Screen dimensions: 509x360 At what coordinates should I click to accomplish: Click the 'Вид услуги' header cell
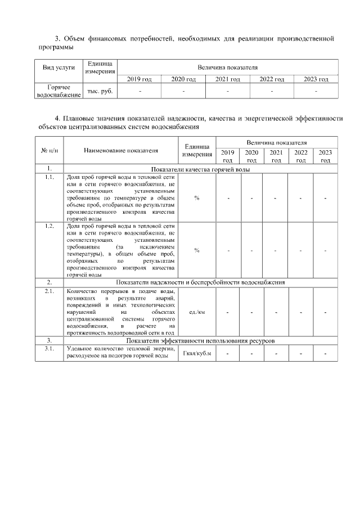pyautogui.click(x=59, y=67)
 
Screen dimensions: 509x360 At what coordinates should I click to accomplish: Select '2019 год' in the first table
pyautogui.click(x=139, y=79)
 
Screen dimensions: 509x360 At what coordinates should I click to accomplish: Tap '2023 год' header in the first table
pyautogui.click(x=316, y=79)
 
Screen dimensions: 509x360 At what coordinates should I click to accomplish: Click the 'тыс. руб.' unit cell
pyautogui.click(x=100, y=91)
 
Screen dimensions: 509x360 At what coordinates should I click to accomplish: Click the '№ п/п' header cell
pyautogui.click(x=49, y=150)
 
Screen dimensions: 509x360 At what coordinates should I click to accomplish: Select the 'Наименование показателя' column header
pyautogui.click(x=121, y=150)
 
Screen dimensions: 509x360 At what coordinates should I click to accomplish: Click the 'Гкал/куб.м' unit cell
pyautogui.click(x=197, y=353)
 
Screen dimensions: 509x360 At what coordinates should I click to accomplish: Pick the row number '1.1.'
pyautogui.click(x=49, y=177)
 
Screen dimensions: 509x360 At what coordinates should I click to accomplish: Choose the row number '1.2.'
pyautogui.click(x=49, y=226)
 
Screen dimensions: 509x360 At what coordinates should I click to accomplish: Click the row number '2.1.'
pyautogui.click(x=49, y=291)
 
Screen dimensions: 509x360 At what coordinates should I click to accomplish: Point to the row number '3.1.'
pyautogui.click(x=49, y=349)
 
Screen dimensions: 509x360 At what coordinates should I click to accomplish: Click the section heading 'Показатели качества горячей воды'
pyautogui.click(x=200, y=169)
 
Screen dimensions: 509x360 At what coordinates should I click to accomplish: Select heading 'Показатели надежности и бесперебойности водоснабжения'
pyautogui.click(x=200, y=282)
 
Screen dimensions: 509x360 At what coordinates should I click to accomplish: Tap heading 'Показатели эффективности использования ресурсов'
pyautogui.click(x=200, y=341)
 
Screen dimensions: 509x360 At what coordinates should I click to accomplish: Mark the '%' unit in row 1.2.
pyautogui.click(x=197, y=250)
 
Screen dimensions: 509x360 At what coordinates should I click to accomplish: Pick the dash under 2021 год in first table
pyautogui.click(x=227, y=91)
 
